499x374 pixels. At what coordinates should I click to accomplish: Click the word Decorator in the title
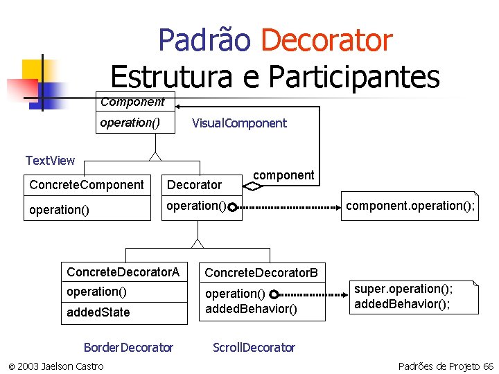tap(326, 40)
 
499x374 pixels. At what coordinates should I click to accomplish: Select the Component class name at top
tap(132, 103)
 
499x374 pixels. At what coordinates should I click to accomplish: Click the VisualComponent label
tap(239, 123)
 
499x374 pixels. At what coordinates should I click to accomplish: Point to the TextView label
tap(50, 161)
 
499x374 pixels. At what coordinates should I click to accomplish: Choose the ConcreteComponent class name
tap(87, 185)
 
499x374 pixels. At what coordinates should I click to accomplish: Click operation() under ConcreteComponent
tap(59, 210)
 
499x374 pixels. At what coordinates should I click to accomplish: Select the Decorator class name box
tap(195, 185)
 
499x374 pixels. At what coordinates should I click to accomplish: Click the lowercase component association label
tap(283, 175)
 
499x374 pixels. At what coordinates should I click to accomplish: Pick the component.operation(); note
tap(411, 206)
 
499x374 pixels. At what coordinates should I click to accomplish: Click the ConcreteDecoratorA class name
tap(123, 272)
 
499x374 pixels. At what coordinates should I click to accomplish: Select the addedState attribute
tap(98, 312)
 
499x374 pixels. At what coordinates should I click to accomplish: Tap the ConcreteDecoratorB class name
tap(261, 273)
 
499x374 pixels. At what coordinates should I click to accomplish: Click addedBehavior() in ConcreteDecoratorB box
tap(251, 309)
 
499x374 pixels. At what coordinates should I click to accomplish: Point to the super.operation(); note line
tap(403, 289)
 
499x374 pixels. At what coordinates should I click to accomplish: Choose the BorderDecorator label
tap(128, 347)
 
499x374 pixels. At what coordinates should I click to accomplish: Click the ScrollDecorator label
tap(254, 347)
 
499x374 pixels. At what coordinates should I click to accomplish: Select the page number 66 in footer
tap(488, 366)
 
